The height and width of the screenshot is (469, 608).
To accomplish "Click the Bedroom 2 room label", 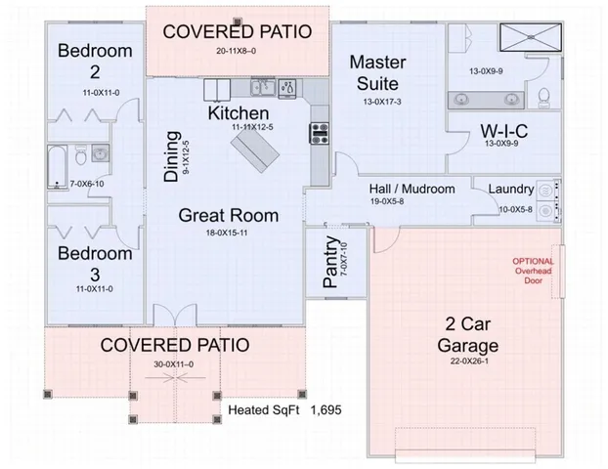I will coord(93,61).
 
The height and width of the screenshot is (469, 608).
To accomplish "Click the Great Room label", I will coord(228,215).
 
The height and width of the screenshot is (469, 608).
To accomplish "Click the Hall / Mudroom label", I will coord(412,189).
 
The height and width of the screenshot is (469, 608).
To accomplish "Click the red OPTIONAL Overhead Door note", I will coord(533,271).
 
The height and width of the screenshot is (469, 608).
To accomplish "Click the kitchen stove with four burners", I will coord(319,133).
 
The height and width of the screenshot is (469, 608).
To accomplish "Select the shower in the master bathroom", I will coord(529,40).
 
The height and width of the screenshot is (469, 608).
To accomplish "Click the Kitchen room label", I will coord(238,114).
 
